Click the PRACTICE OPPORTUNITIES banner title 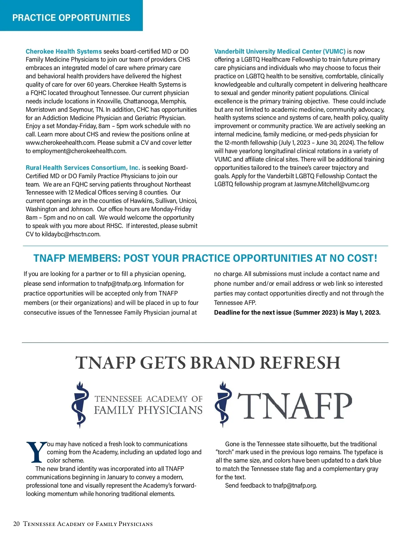(71, 18)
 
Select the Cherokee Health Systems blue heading (64, 52)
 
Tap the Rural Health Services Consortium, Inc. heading (83, 168)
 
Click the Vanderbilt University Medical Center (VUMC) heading (280, 52)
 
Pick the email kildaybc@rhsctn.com (71, 234)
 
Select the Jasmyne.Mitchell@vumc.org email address (332, 184)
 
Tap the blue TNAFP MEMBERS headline (205, 258)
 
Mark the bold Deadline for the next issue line (297, 313)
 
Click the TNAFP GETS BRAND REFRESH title (208, 363)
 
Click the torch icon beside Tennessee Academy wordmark (80, 404)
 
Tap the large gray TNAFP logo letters (295, 406)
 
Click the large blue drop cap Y (36, 452)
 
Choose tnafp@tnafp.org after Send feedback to (295, 486)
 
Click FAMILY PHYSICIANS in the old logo (148, 410)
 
